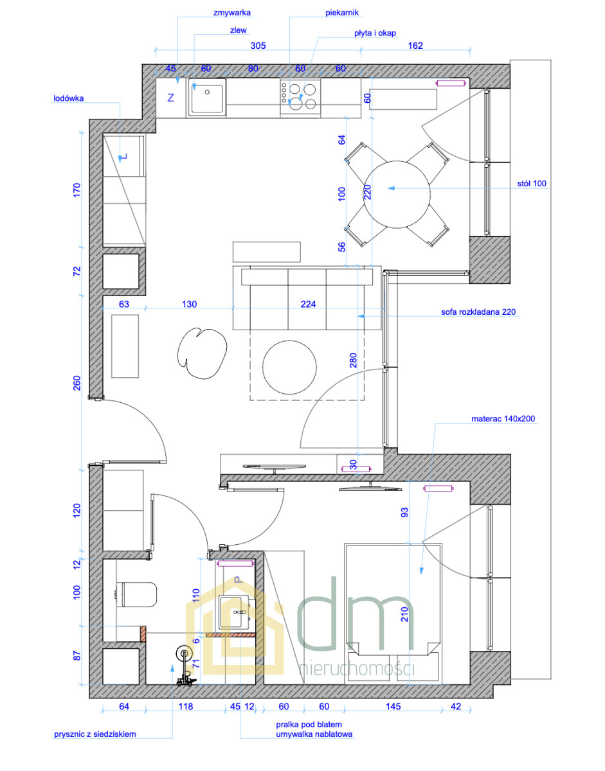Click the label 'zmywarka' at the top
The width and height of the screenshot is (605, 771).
pos(232,13)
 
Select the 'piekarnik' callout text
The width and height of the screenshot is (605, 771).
pos(342,13)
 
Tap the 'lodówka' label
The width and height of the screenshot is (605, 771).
pos(69,98)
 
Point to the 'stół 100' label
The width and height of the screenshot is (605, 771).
pos(532,184)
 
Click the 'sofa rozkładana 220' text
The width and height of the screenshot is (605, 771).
pos(478,312)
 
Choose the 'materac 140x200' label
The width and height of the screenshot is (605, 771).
pos(503,419)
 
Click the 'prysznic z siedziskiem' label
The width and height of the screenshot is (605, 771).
pos(95,734)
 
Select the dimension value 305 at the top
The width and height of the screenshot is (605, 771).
pos(258,46)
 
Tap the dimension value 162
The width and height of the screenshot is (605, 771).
pos(415,46)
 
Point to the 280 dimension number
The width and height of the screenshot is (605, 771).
pos(353,360)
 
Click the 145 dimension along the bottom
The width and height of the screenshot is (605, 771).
pos(393,706)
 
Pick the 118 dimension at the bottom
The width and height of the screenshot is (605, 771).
pos(185,706)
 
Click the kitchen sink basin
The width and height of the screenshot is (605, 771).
pos(207,97)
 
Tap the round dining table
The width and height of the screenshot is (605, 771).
pos(397,195)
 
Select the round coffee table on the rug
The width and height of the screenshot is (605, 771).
pos(289,368)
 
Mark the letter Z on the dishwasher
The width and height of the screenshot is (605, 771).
pos(171,98)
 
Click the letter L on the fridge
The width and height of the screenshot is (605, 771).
pos(123,157)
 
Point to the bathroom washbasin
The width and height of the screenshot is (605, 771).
pos(236,613)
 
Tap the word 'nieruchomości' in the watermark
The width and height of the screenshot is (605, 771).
pos(357,669)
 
